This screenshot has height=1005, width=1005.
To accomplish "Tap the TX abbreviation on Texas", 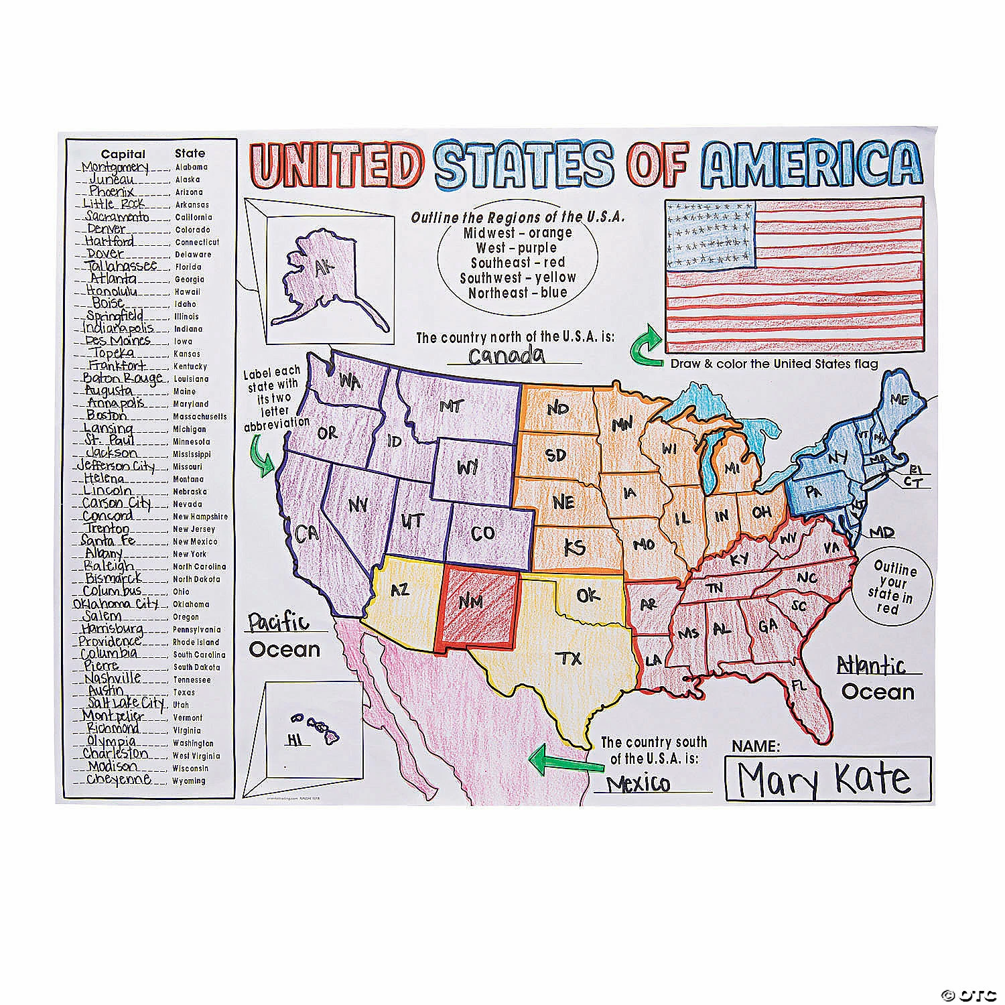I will tap(570, 659).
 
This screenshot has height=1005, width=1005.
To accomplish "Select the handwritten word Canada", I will tap(507, 354).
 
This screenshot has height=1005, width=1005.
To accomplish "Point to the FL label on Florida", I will tap(798, 685).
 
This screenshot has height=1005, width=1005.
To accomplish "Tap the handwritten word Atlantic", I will tap(871, 665).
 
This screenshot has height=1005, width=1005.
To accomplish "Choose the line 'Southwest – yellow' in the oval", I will tap(517, 277).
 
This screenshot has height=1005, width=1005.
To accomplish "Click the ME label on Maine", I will tap(900, 400).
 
